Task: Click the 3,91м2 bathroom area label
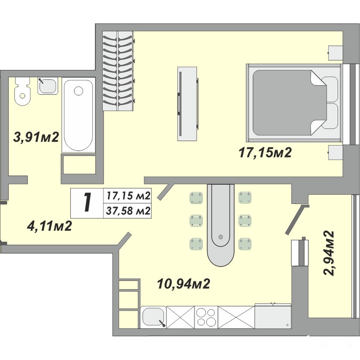(x=36, y=137)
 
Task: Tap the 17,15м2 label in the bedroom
(x=265, y=152)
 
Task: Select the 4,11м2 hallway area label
(x=49, y=226)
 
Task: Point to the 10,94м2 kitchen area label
(x=183, y=284)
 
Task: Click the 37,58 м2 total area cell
(x=128, y=211)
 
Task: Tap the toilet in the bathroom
(x=22, y=91)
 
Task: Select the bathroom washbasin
(x=48, y=86)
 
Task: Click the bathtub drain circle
(x=79, y=91)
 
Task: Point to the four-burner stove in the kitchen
(x=206, y=317)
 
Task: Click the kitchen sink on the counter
(x=153, y=317)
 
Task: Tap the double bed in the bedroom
(x=294, y=103)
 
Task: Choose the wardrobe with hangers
(x=118, y=71)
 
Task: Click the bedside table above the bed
(x=336, y=53)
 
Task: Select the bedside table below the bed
(x=336, y=152)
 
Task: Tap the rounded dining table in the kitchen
(x=221, y=225)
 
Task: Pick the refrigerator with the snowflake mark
(x=273, y=316)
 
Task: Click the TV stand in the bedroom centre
(x=187, y=104)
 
